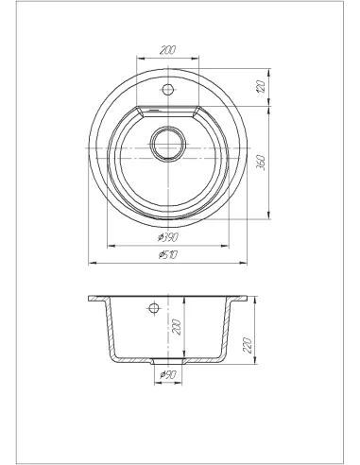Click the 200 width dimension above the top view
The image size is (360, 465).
167,50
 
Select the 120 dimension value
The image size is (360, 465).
260,87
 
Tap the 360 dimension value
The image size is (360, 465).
261,163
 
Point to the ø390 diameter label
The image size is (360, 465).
168,237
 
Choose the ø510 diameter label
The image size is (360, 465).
168,254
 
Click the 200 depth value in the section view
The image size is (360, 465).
177,327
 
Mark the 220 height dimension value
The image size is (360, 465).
248,345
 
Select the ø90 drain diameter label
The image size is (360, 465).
168,374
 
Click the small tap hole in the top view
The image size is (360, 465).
168,90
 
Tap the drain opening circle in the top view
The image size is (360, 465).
168,145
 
